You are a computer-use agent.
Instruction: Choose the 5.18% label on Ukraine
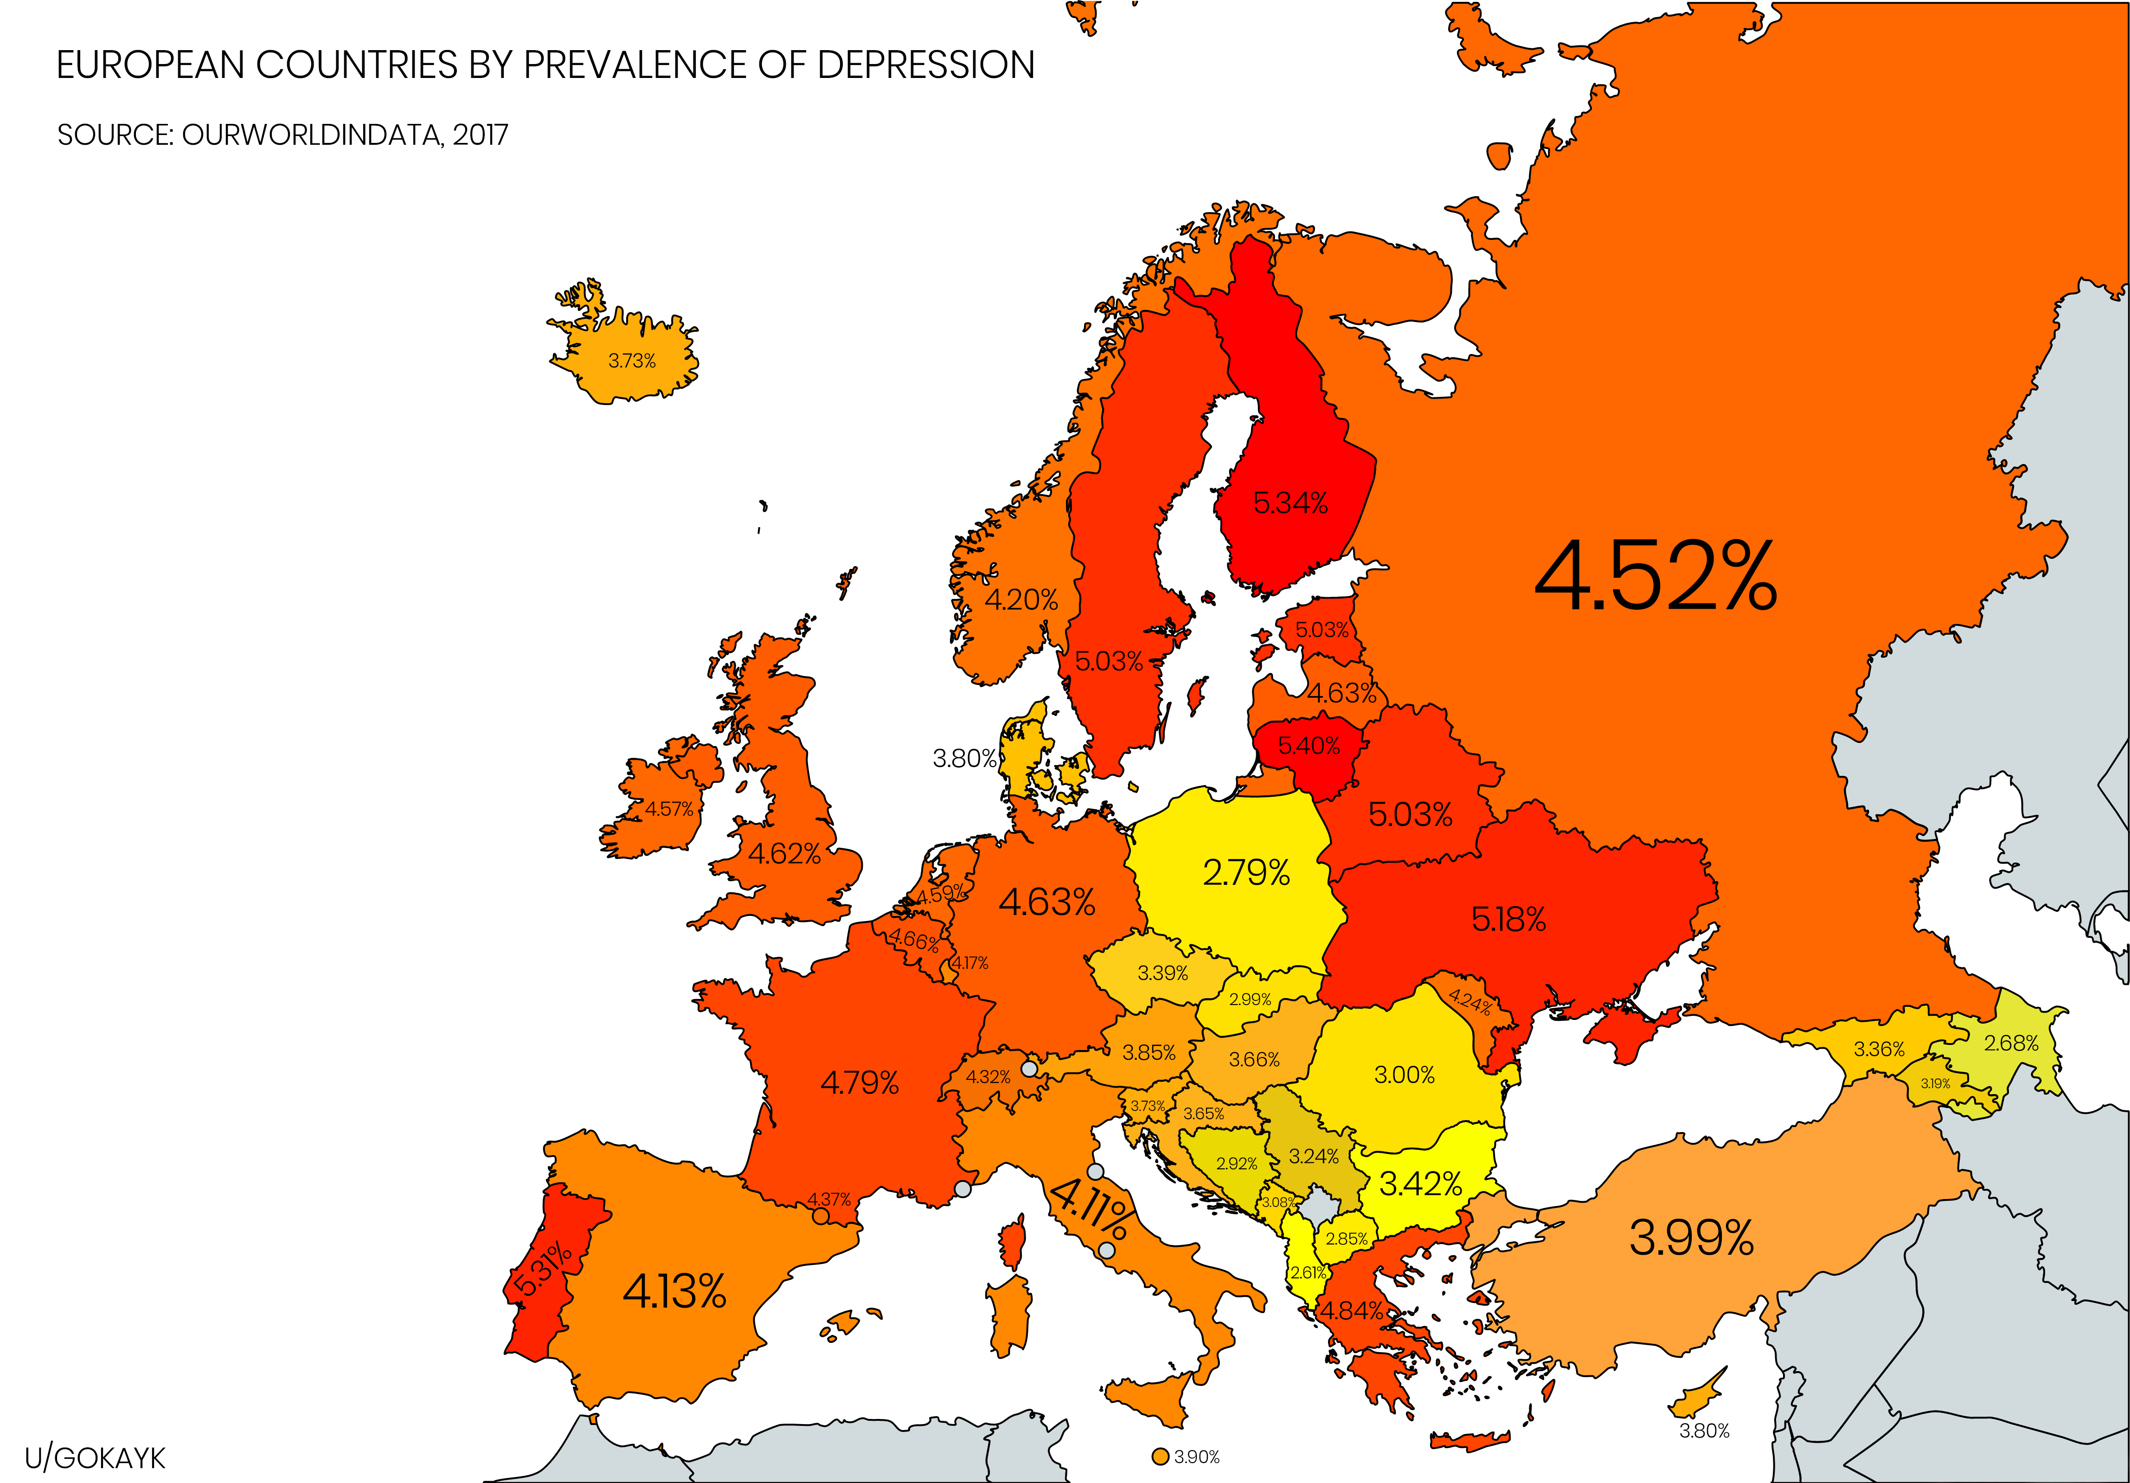(1508, 920)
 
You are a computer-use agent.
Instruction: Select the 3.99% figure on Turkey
(1691, 1237)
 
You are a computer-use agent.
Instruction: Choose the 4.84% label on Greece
(1352, 1310)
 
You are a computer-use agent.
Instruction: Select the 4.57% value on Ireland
(669, 809)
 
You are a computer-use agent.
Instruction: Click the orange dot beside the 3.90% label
(1160, 1457)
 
